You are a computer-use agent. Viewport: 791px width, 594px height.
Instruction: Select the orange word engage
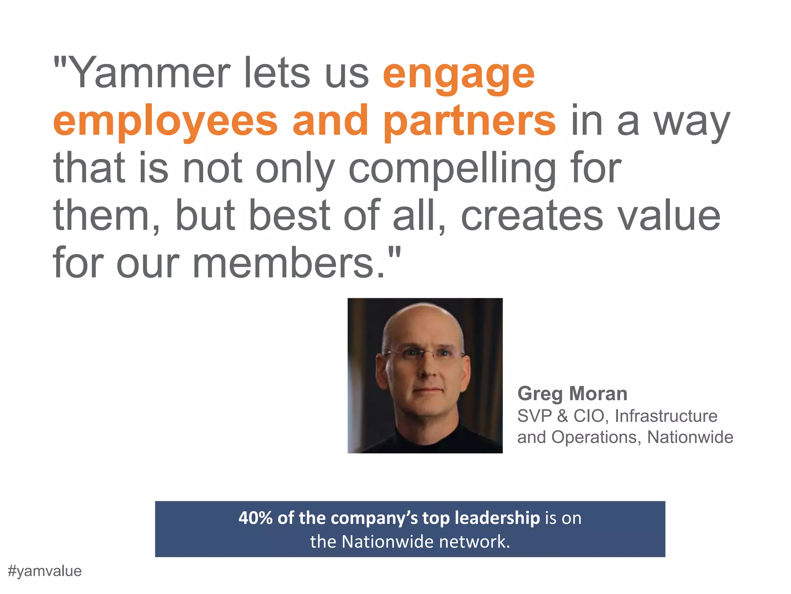click(x=458, y=75)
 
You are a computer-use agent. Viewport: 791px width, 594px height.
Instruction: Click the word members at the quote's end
click(x=283, y=263)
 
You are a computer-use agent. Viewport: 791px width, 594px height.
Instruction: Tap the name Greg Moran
click(x=572, y=394)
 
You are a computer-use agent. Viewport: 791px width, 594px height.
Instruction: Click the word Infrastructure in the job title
click(x=666, y=416)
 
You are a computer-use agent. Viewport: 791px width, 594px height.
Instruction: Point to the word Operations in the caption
click(x=594, y=437)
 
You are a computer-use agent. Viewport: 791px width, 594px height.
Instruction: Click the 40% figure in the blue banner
click(x=255, y=518)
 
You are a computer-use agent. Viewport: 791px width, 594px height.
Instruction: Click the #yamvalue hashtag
click(x=45, y=571)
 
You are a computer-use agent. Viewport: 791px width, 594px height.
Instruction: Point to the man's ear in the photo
click(x=382, y=371)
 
